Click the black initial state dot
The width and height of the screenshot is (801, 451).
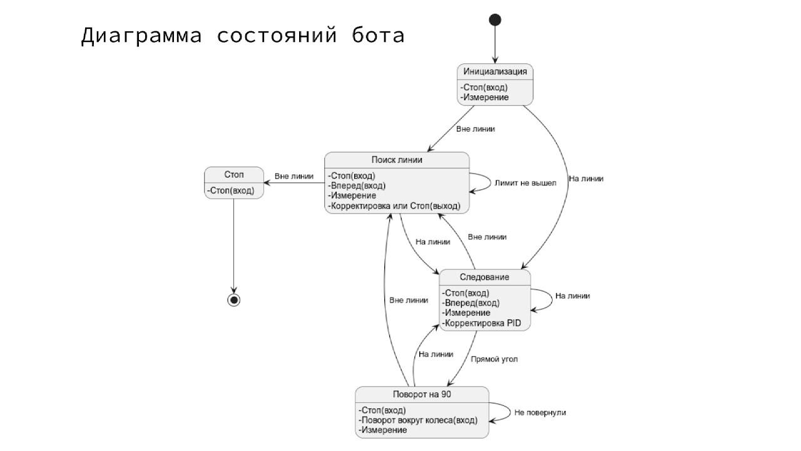point(495,20)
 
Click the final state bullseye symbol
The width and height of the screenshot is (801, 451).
point(234,300)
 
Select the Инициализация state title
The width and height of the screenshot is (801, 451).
point(495,71)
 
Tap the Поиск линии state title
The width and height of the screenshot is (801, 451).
point(397,160)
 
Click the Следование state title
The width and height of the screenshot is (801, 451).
point(485,277)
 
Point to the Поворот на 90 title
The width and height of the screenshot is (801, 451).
point(422,394)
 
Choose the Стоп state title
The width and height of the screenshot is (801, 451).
point(234,174)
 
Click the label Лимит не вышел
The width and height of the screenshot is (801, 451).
point(525,183)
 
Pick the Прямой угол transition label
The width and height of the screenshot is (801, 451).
point(494,360)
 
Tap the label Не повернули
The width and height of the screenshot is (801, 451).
point(540,412)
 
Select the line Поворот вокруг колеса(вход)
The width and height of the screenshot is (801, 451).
point(417,420)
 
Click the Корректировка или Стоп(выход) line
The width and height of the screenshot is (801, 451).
point(394,205)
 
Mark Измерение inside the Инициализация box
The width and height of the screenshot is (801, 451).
point(484,97)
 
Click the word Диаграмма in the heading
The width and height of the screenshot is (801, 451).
point(141,36)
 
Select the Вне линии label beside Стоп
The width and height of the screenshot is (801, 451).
point(294,176)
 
